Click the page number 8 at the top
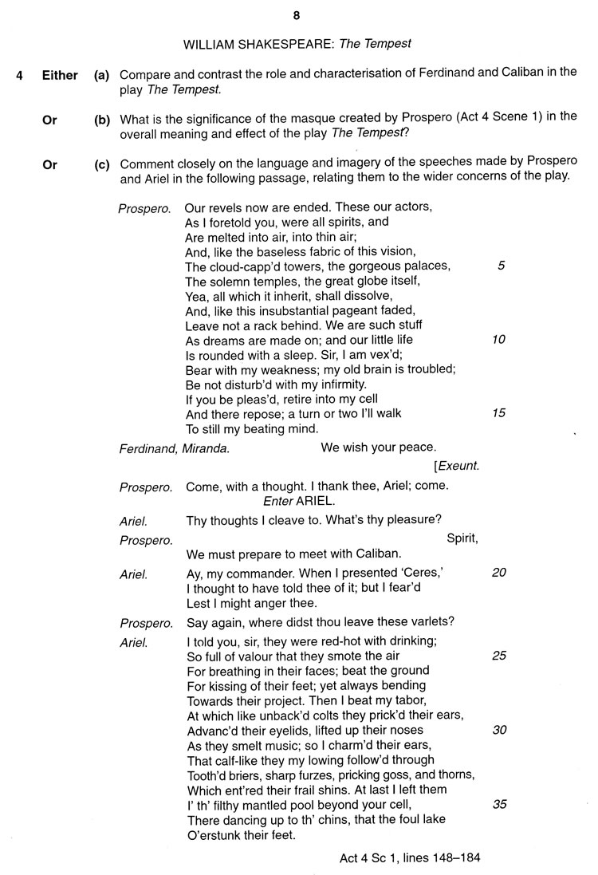click(296, 15)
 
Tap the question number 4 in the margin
click(20, 76)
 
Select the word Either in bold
click(60, 76)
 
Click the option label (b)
click(101, 120)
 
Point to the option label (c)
click(101, 165)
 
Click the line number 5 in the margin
click(500, 266)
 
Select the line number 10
click(498, 340)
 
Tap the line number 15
click(498, 413)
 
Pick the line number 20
click(498, 573)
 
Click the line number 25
click(498, 656)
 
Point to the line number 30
click(498, 730)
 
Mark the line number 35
click(499, 804)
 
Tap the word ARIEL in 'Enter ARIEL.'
click(316, 501)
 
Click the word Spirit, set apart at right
click(462, 538)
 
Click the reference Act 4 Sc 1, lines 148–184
click(410, 858)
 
